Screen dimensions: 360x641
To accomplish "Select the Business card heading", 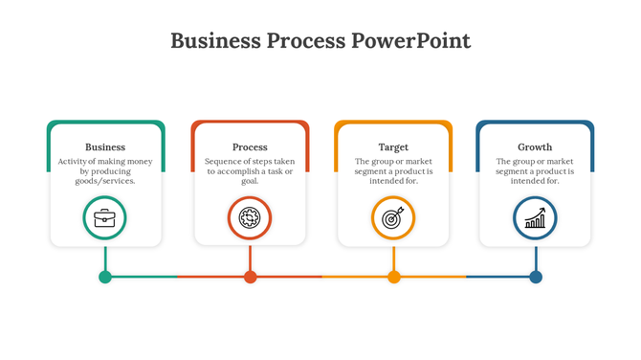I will coord(105,146).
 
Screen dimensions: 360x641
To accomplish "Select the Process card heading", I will coord(250,146).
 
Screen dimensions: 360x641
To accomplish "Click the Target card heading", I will coord(393,146).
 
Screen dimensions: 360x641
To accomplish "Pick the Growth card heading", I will coord(535,146).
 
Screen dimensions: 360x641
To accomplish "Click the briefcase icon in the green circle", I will coord(105,217).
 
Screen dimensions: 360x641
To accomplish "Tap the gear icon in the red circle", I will coord(250,217).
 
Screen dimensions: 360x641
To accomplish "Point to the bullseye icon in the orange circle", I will coord(393,218).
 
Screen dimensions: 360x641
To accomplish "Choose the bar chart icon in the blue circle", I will coord(535,218).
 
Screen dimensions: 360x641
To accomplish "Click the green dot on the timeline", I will coord(105,277).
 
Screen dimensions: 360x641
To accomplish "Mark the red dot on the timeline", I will coord(250,277).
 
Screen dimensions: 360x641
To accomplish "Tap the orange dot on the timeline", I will coord(393,277).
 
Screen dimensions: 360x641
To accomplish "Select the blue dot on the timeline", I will coord(536,277).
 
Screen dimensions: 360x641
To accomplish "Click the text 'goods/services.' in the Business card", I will coord(105,180).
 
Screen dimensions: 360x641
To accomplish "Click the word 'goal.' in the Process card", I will coord(250,180).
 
